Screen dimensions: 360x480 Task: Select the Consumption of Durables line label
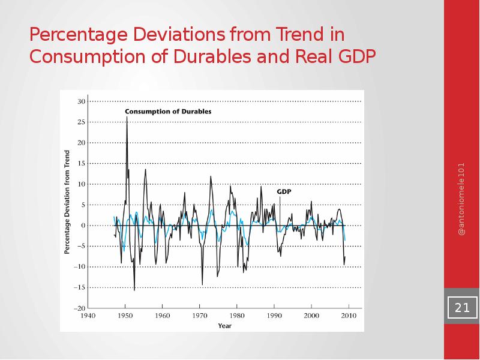pyautogui.click(x=168, y=112)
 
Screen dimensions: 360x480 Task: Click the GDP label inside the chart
pyautogui.click(x=284, y=191)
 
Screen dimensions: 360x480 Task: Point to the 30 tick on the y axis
pyautogui.click(x=80, y=101)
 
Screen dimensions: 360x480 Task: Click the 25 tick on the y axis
pyautogui.click(x=80, y=122)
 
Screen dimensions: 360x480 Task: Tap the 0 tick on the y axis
pyautogui.click(x=82, y=225)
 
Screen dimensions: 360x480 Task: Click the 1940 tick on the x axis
pyautogui.click(x=88, y=315)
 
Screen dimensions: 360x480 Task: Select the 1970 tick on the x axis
pyautogui.click(x=200, y=315)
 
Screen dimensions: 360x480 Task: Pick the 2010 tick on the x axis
pyautogui.click(x=349, y=315)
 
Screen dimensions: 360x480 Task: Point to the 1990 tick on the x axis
pyautogui.click(x=274, y=315)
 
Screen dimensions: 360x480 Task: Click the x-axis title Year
pyautogui.click(x=224, y=326)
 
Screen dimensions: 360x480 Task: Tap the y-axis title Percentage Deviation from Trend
pyautogui.click(x=67, y=205)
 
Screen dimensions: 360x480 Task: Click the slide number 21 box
pyautogui.click(x=462, y=308)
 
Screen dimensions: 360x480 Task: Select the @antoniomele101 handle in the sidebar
pyautogui.click(x=461, y=198)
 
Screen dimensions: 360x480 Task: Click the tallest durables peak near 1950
pyautogui.click(x=127, y=118)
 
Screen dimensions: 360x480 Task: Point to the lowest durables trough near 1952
pyautogui.click(x=134, y=290)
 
